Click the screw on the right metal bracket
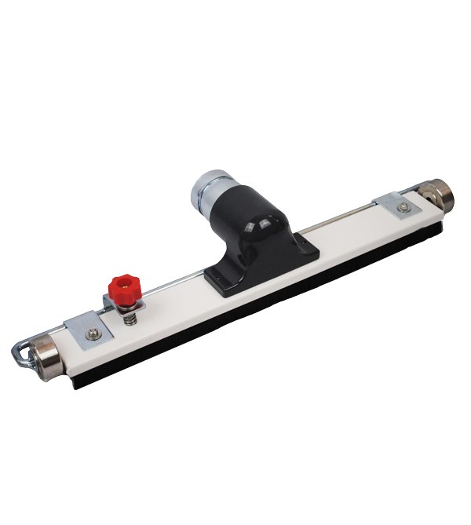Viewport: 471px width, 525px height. [403, 207]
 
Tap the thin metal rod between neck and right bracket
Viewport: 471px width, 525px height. [345, 220]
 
